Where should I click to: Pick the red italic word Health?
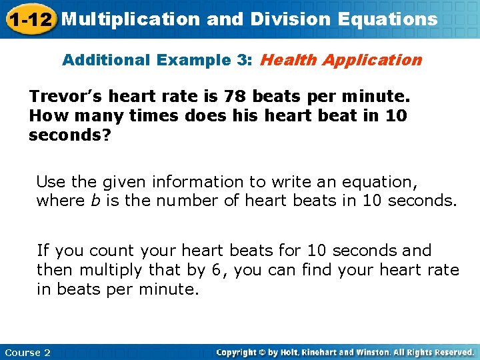click(x=288, y=60)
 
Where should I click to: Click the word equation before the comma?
click(x=380, y=182)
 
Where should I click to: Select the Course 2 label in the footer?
click(x=27, y=352)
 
